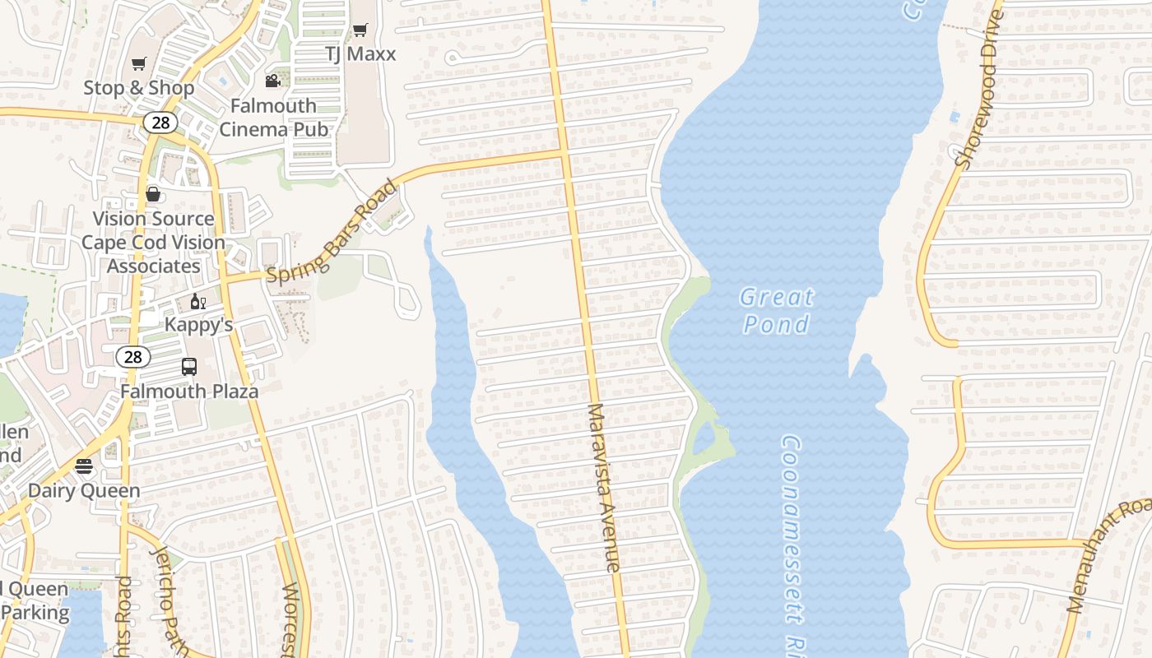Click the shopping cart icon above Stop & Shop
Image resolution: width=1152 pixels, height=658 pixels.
(139, 63)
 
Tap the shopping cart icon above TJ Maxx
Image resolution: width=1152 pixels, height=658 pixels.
(360, 30)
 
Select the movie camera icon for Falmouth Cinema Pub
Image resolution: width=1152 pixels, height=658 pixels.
(272, 81)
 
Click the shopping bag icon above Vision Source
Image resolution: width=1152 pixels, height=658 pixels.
(153, 194)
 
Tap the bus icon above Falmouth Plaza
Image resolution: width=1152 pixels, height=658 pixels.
(189, 367)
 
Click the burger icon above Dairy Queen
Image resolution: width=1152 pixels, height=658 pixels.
(84, 466)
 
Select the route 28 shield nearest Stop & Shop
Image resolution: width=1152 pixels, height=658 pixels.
(160, 123)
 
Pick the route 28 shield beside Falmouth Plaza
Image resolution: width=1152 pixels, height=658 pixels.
(133, 356)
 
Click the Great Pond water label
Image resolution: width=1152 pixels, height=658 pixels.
(776, 310)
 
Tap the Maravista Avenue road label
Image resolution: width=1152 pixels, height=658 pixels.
(603, 488)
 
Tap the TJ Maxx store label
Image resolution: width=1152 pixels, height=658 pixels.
(360, 54)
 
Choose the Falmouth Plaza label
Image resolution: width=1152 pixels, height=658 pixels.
(189, 391)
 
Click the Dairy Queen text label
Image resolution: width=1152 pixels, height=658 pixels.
(84, 491)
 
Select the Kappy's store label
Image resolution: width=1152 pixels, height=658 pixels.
(198, 325)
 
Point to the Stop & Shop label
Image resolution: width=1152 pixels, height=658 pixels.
(139, 88)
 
